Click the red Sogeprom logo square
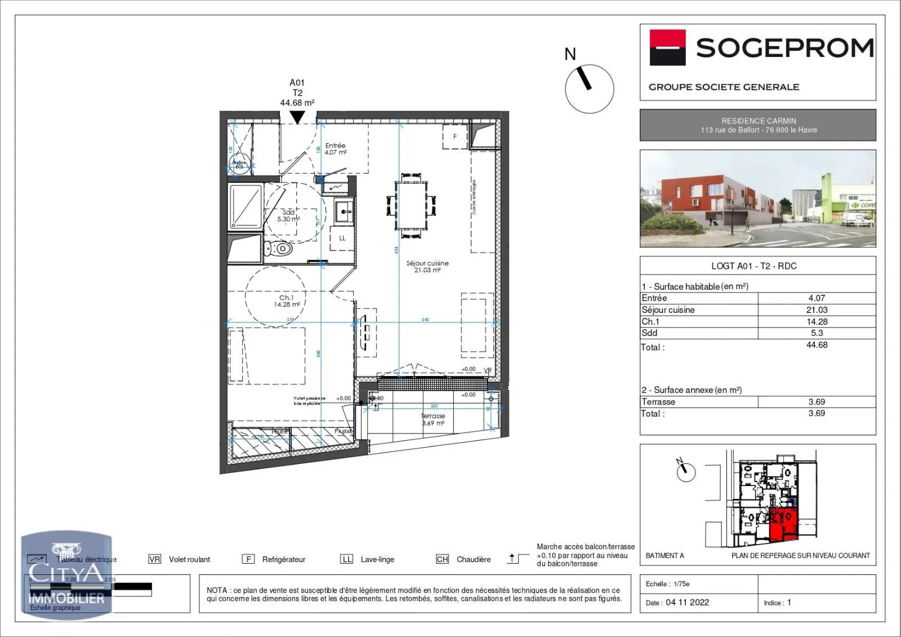point(668,47)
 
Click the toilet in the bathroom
point(278,249)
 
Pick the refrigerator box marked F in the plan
point(455,136)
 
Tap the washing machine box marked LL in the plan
point(342,238)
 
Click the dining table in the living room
point(411,204)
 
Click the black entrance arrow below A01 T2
point(297,117)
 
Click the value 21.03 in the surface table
point(817,310)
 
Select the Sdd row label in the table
point(649,333)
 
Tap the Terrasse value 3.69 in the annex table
point(817,402)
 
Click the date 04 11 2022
point(687,603)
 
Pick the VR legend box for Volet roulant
point(154,559)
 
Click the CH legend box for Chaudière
point(442,559)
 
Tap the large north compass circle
point(589,89)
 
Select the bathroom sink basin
point(344,213)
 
